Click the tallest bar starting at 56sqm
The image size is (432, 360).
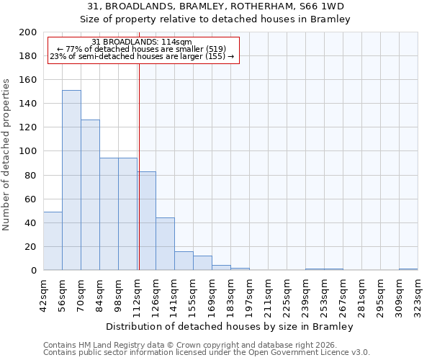pos(71,180)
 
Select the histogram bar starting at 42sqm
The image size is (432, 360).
pos(53,241)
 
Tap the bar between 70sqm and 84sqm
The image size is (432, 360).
pos(90,195)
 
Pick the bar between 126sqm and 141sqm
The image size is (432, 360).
pos(165,244)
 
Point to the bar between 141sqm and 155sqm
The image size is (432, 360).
pos(184,261)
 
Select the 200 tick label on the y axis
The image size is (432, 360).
pos(28,32)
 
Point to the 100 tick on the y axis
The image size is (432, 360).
pos(28,151)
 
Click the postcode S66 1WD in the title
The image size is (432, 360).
pos(323,6)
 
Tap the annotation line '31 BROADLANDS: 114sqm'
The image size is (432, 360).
pos(142,42)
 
